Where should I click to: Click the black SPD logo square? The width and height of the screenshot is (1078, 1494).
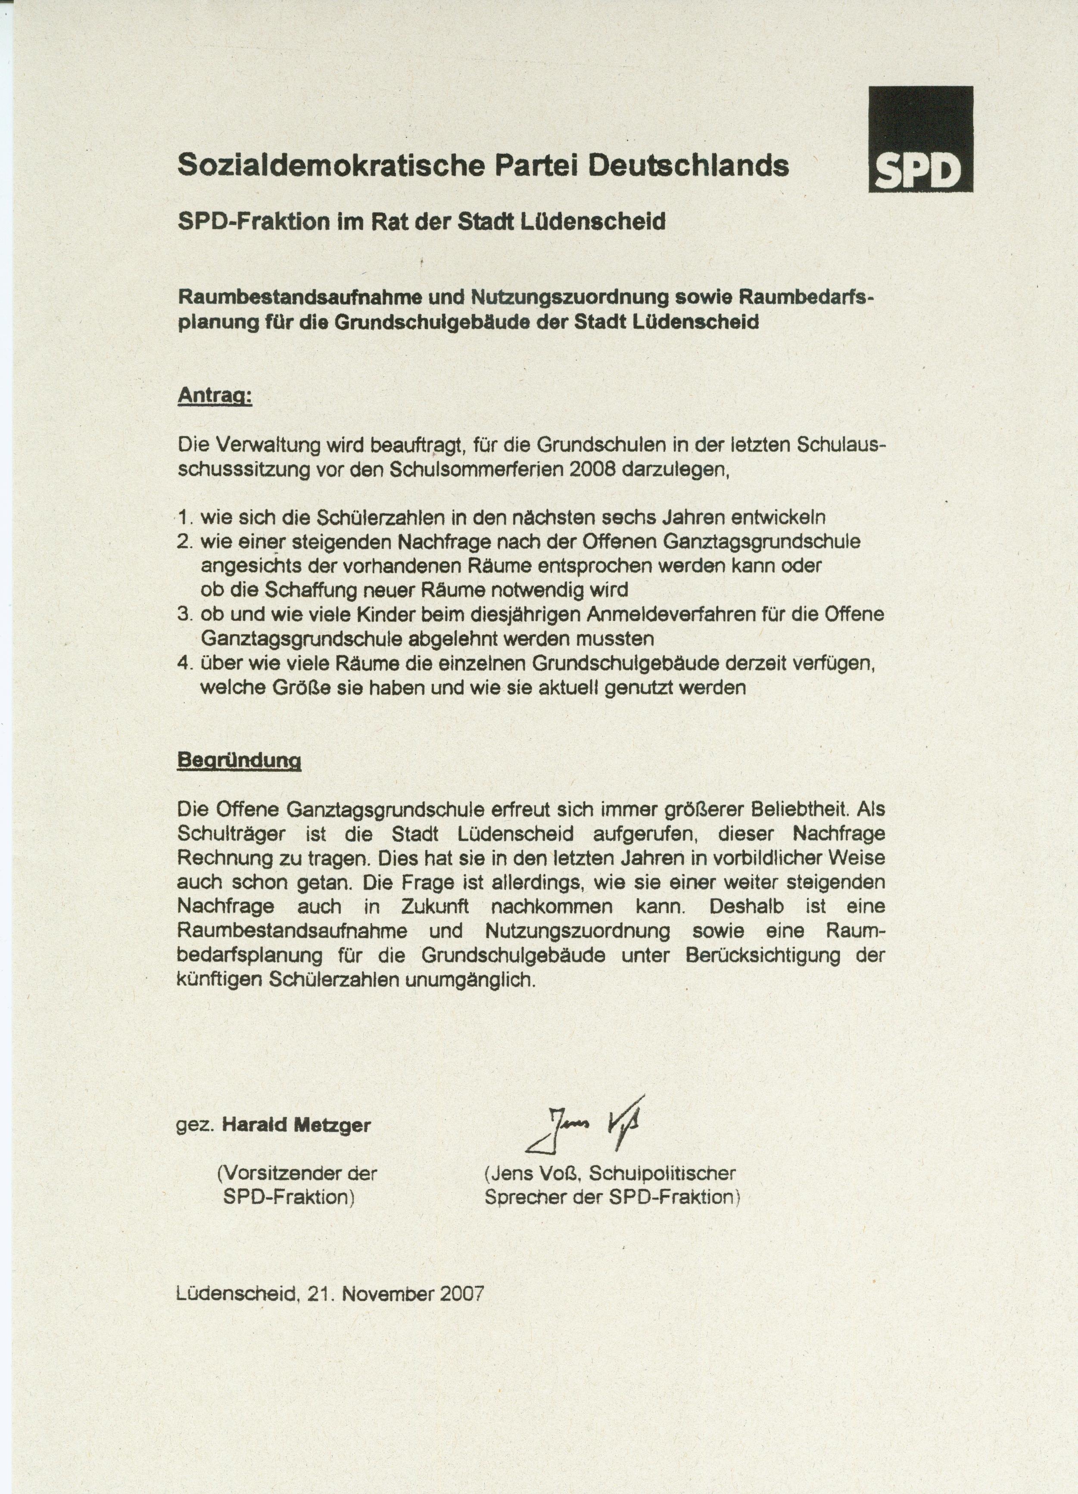tap(920, 139)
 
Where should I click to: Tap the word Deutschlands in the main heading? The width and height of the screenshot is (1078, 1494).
tap(688, 165)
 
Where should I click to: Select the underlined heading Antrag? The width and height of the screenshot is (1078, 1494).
tap(215, 397)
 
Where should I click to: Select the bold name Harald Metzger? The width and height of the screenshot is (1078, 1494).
tap(296, 1124)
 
